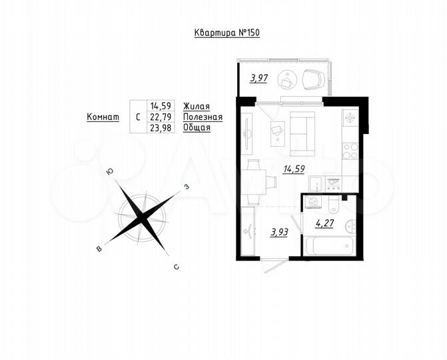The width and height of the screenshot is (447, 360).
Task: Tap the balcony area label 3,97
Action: tap(259, 79)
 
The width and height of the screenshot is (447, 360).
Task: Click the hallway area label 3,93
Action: tap(279, 233)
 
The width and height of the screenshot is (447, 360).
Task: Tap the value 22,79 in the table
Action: tap(162, 117)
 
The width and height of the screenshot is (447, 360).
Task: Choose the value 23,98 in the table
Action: tap(162, 127)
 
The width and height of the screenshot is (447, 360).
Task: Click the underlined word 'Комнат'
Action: tap(103, 117)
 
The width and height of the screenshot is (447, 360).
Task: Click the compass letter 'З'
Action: tap(187, 187)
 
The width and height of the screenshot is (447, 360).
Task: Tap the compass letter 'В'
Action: tap(99, 249)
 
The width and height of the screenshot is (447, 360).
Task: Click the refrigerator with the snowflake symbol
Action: tap(350, 120)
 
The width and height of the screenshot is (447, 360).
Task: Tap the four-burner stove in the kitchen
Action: tap(350, 151)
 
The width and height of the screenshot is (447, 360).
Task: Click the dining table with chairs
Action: tap(252, 180)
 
